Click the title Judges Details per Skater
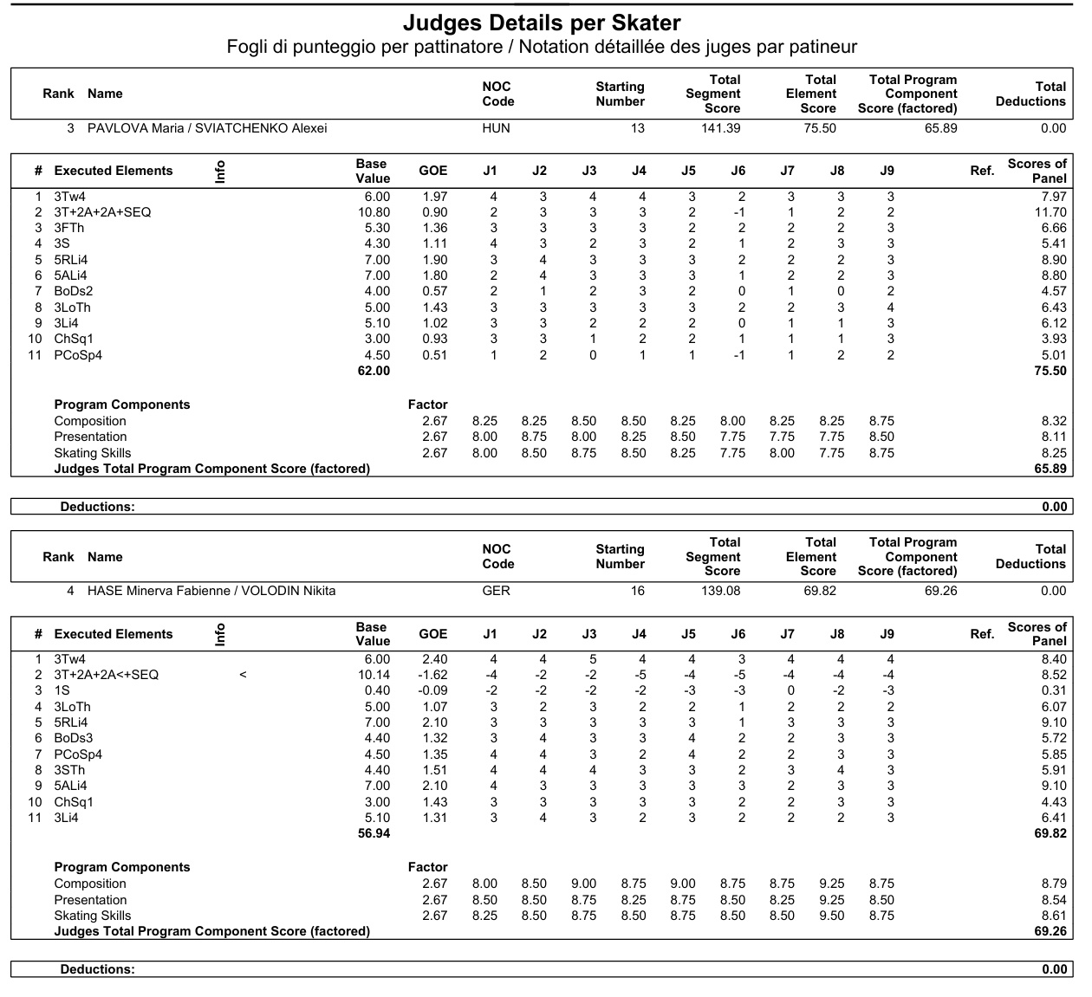(x=542, y=23)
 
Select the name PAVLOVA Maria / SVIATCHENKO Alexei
(x=207, y=128)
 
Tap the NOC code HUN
(x=496, y=128)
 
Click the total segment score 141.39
(x=721, y=128)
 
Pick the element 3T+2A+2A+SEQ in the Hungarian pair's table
(x=102, y=212)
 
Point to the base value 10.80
(x=374, y=212)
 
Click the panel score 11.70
(x=1050, y=212)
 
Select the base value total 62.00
(x=374, y=371)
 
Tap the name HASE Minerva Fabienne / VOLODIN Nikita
(x=211, y=591)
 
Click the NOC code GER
(x=496, y=591)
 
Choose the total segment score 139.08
(x=721, y=591)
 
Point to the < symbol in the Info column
(x=243, y=675)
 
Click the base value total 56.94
(x=374, y=833)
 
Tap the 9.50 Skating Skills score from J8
(x=831, y=916)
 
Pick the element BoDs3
(x=74, y=738)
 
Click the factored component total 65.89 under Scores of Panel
(x=1050, y=469)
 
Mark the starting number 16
(x=638, y=591)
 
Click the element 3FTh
(x=69, y=228)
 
